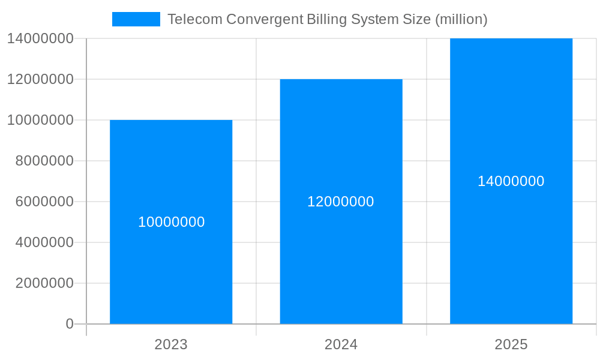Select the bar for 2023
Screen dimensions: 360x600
pos(171,270)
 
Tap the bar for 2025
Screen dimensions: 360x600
pos(511,252)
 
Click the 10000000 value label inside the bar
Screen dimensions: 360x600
pos(172,222)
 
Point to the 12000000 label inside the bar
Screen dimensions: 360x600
pos(341,202)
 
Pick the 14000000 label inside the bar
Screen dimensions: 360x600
pos(511,181)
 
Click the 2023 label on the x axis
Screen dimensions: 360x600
pos(171,344)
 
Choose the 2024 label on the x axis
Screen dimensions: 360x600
pos(341,344)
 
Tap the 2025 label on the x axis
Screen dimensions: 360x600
pos(511,344)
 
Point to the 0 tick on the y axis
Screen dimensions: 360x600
pos(69,324)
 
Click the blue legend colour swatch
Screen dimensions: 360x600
pos(136,19)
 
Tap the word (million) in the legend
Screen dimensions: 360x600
pos(461,19)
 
